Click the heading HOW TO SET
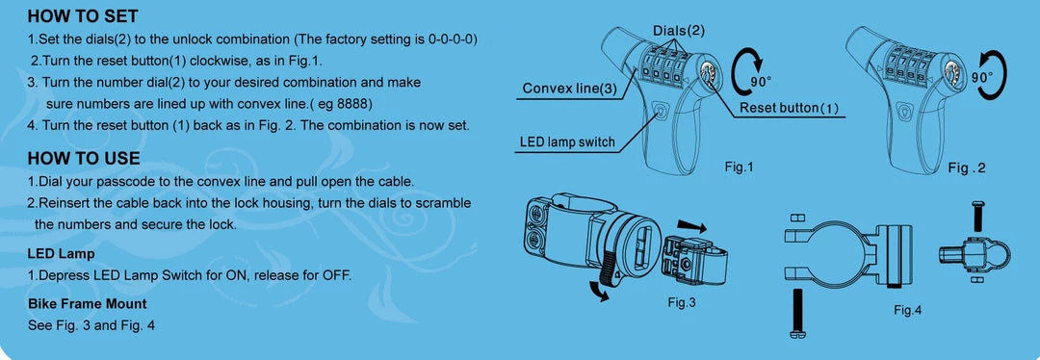pos(83,16)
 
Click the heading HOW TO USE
pos(84,158)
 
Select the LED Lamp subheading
pos(62,254)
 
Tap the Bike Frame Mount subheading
pos(87,303)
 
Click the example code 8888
pos(352,103)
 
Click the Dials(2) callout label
pos(678,31)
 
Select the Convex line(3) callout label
pos(569,90)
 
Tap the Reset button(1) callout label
pos(789,108)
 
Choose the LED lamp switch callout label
pos(567,142)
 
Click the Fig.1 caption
pos(739,167)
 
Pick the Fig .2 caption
pos(967,168)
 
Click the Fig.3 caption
pos(682,302)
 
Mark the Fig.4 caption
pos(907,310)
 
